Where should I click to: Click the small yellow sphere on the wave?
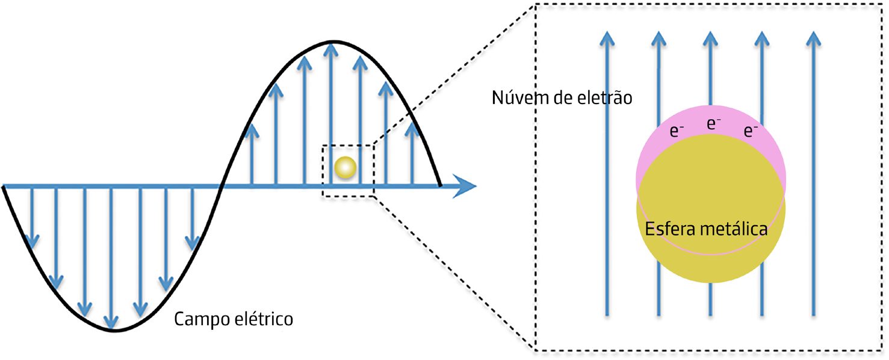click(x=345, y=167)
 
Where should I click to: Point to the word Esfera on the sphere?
click(x=669, y=229)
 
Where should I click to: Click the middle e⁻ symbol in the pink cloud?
click(x=714, y=124)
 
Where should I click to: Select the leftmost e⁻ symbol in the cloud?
click(x=677, y=131)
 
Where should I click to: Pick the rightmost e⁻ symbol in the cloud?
click(x=751, y=131)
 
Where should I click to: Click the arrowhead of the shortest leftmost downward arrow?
click(x=33, y=241)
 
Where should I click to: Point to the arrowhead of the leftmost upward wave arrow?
click(x=252, y=129)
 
